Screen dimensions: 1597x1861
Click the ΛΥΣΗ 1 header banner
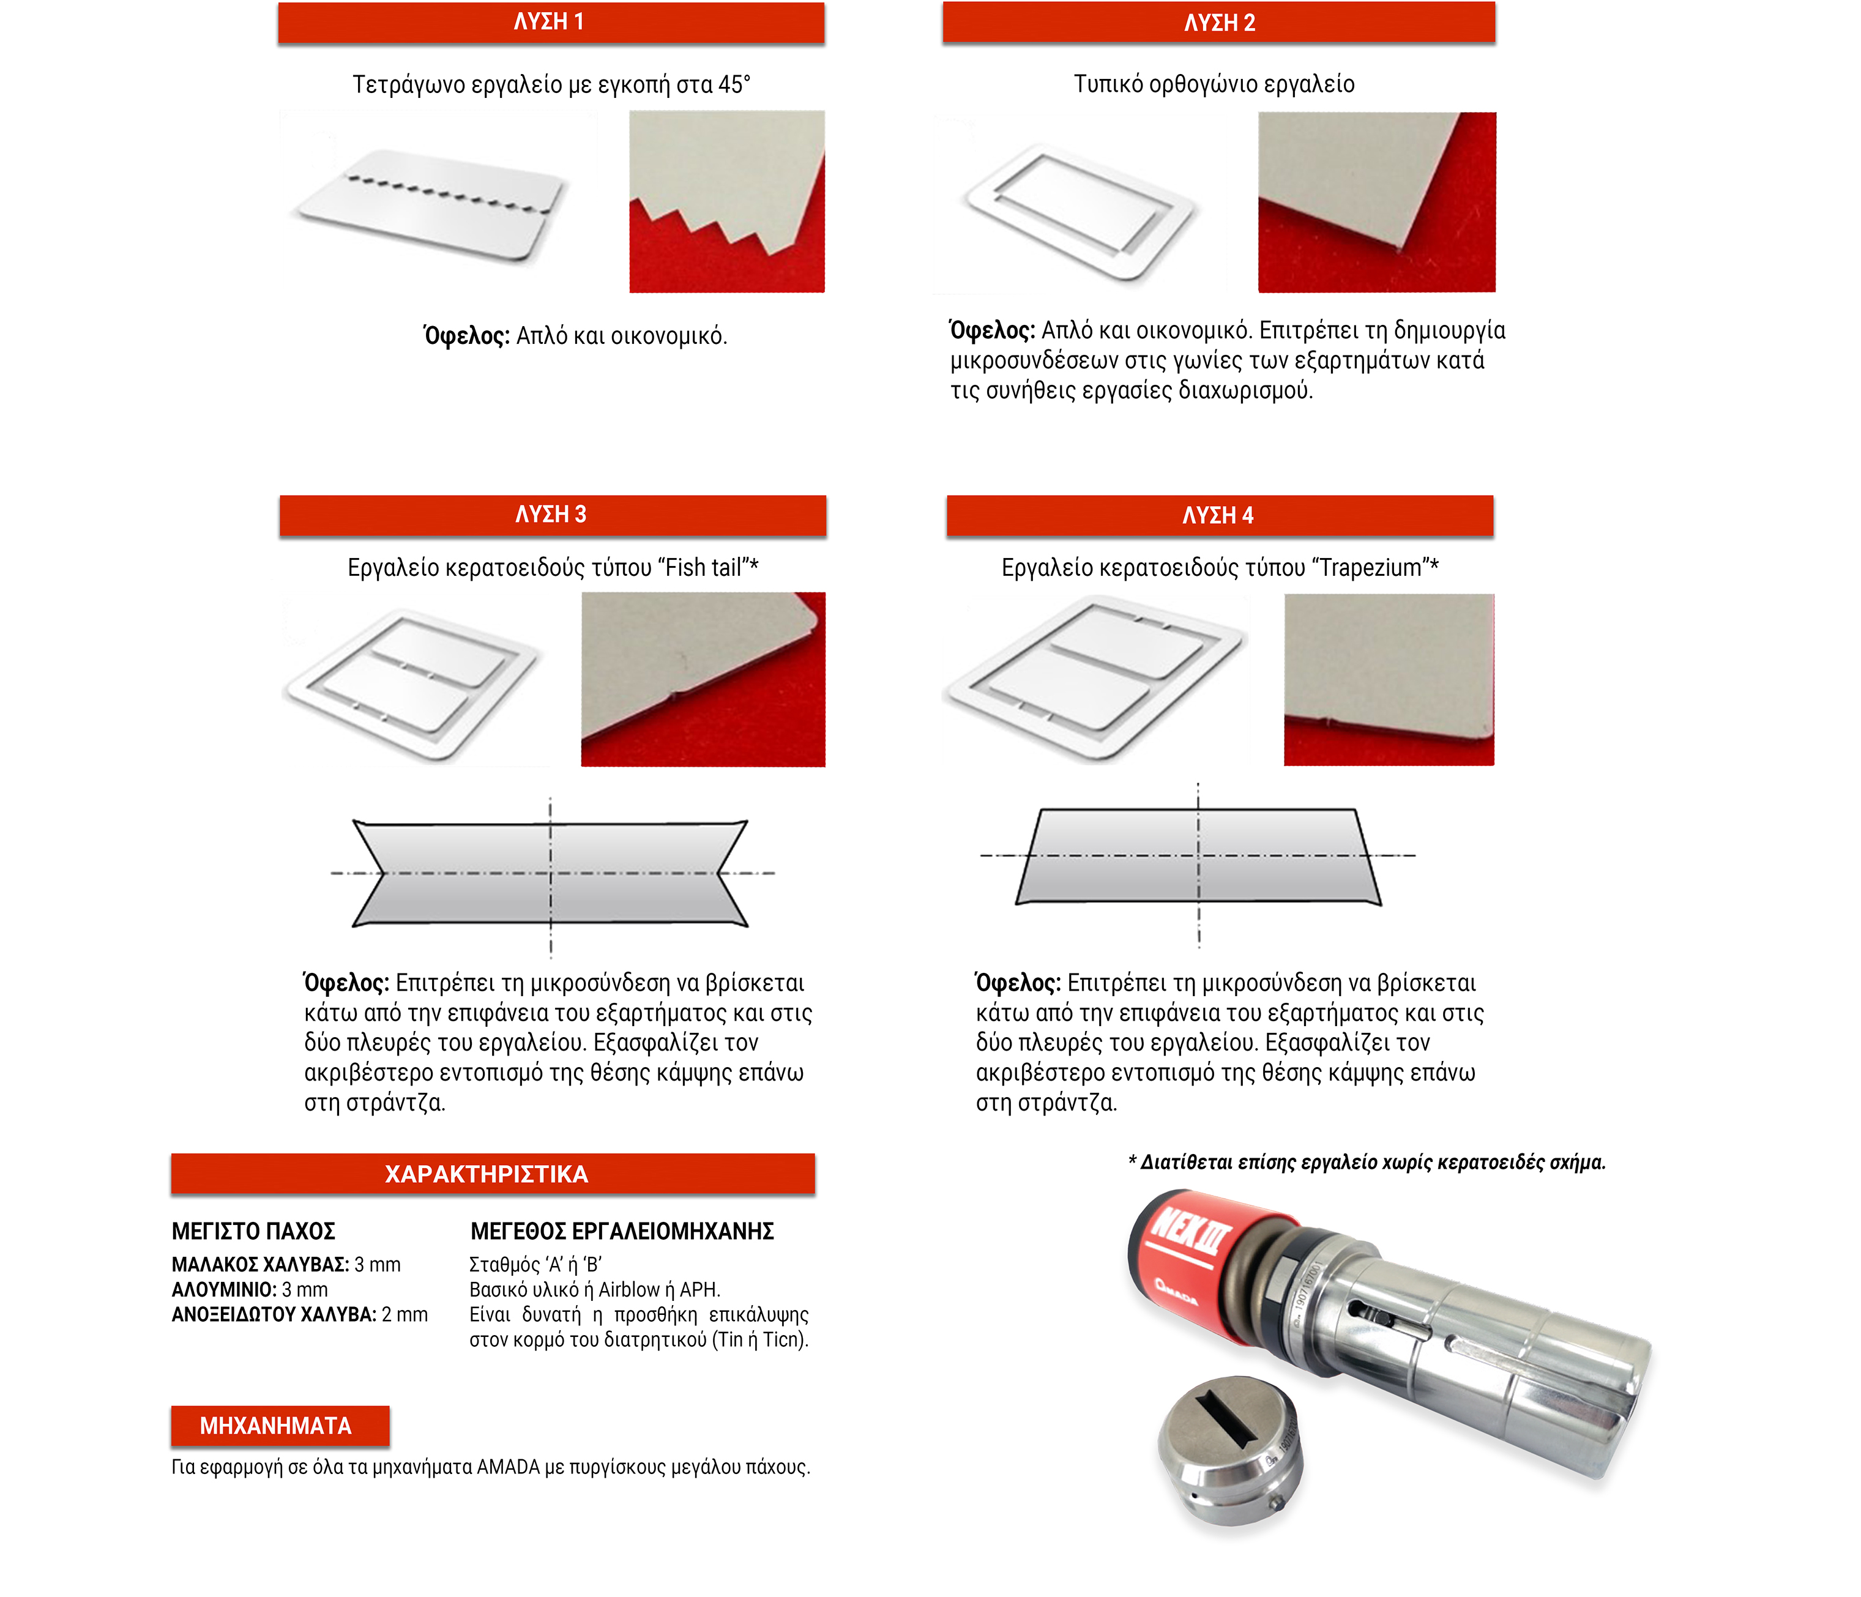click(x=551, y=23)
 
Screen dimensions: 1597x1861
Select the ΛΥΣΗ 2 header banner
click(x=1219, y=23)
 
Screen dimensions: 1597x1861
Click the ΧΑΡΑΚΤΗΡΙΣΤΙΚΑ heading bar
click(x=492, y=1174)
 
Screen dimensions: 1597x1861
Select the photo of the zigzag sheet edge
click(x=726, y=201)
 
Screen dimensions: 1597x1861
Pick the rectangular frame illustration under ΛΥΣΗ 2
click(x=1078, y=212)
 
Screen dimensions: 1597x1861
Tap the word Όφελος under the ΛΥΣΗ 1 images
click(x=466, y=336)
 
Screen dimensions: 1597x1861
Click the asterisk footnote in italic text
click(x=1366, y=1163)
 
